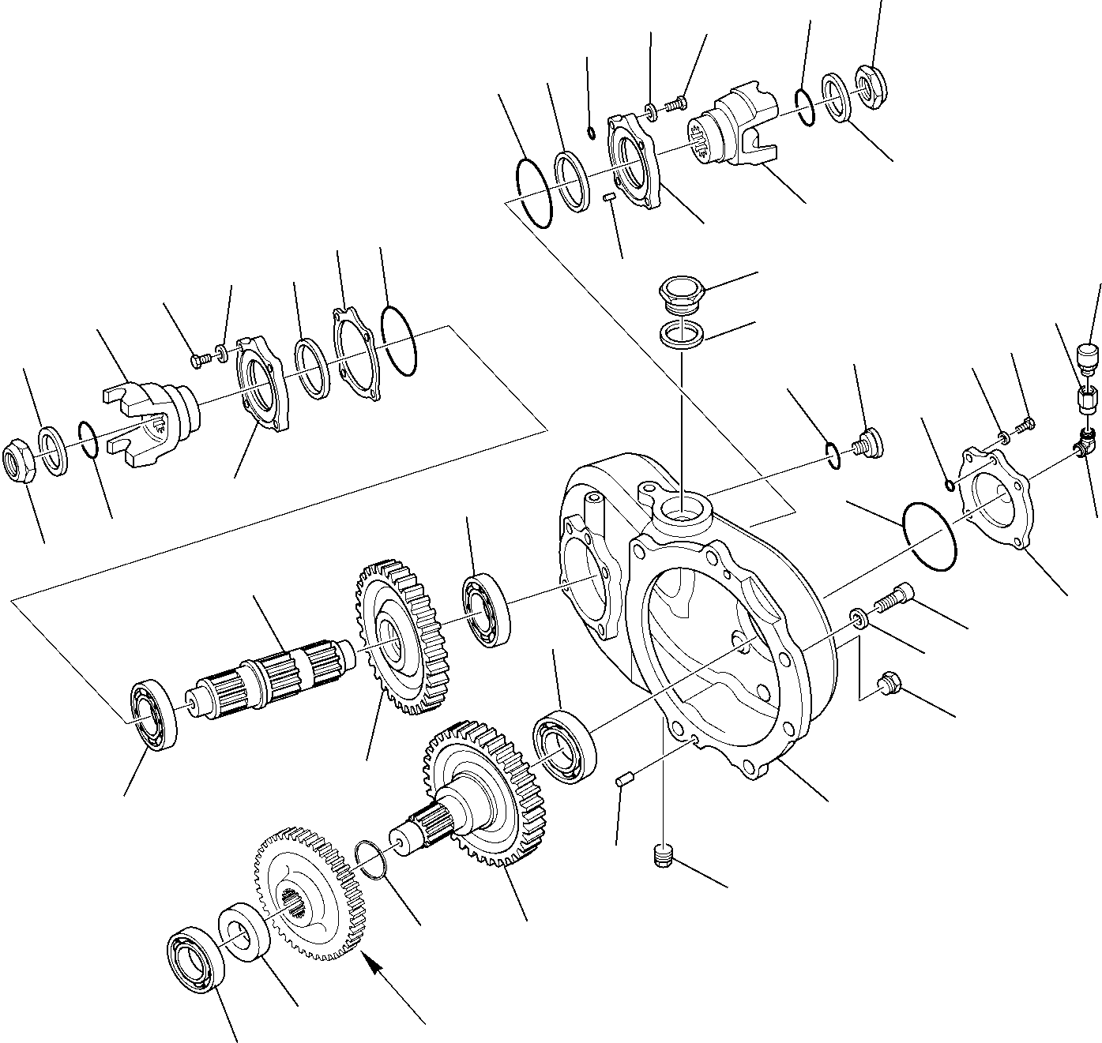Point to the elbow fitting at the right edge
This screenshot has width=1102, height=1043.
point(1085,445)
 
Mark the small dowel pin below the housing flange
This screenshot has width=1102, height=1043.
point(625,781)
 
